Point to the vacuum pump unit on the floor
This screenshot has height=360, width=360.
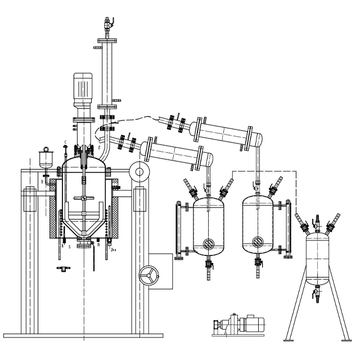[238, 325]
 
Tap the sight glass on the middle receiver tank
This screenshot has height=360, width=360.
[258, 242]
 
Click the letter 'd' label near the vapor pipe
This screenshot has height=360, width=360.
[99, 148]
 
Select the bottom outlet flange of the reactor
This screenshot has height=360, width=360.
[84, 243]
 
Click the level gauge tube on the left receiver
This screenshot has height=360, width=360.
[179, 231]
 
